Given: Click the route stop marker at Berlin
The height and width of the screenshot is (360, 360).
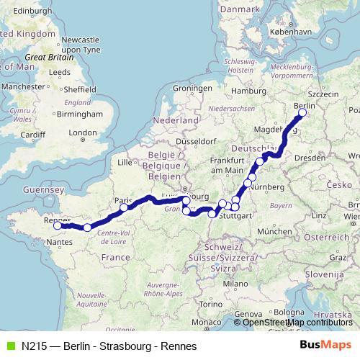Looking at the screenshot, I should pyautogui.click(x=302, y=112).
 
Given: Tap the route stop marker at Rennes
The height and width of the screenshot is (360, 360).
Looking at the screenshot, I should pyautogui.click(x=58, y=225).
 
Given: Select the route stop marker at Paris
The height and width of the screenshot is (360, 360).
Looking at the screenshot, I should pyautogui.click(x=124, y=207).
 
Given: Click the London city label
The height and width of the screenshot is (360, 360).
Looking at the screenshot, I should pyautogui.click(x=83, y=132).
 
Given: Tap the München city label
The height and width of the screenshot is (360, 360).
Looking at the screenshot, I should pyautogui.click(x=274, y=231).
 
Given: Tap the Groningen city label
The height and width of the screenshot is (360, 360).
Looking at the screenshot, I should pyautogui.click(x=189, y=89).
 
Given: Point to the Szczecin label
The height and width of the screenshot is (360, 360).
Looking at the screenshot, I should pyautogui.click(x=322, y=94).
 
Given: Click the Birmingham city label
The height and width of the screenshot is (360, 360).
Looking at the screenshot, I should pyautogui.click(x=76, y=114).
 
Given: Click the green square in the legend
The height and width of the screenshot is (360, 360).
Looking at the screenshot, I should pyautogui.click(x=9, y=345).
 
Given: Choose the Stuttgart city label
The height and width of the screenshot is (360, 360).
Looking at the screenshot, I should pyautogui.click(x=237, y=215).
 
